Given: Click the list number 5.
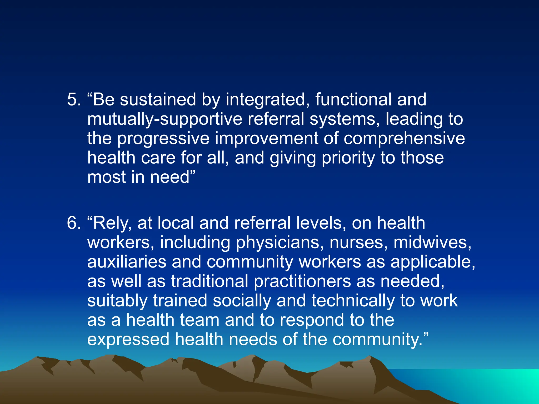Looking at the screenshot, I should [x=74, y=100].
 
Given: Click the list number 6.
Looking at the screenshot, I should [x=74, y=223].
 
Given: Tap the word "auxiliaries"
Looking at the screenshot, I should [x=127, y=262].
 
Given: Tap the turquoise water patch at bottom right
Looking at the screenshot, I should [x=500, y=384].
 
